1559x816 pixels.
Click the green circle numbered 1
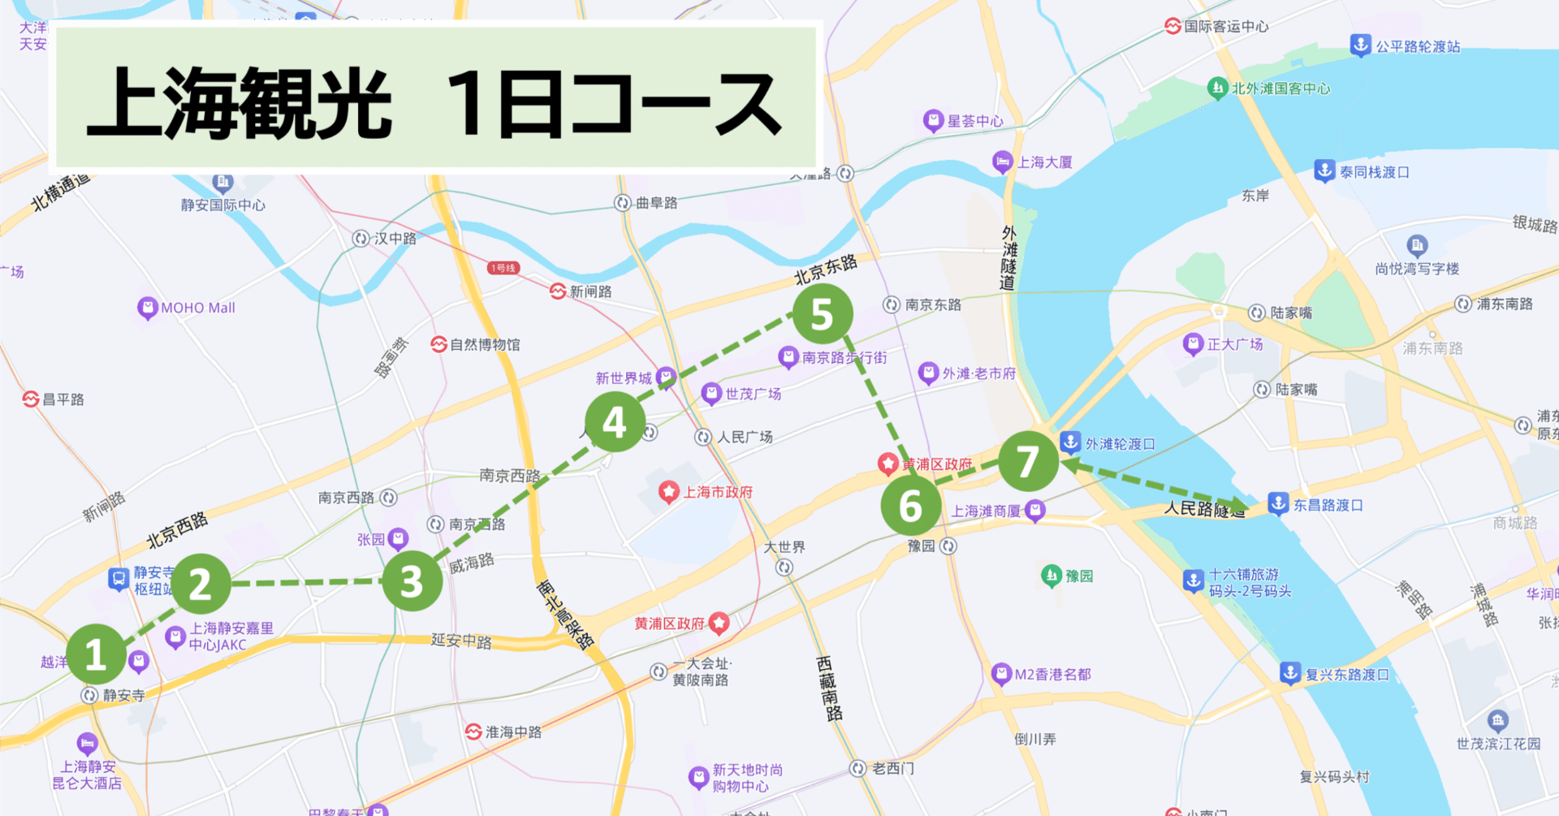click(96, 654)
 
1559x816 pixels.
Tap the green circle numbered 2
click(201, 584)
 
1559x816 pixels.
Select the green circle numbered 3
click(412, 581)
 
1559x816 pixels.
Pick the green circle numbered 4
click(615, 422)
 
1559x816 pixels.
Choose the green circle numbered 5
click(822, 313)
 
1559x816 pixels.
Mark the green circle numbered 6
click(910, 506)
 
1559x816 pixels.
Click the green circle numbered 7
click(1028, 461)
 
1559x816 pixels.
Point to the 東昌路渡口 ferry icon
click(1278, 503)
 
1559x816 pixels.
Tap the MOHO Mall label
click(197, 308)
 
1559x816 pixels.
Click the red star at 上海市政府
click(668, 491)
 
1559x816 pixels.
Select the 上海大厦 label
click(1044, 162)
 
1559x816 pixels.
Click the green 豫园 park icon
click(1052, 576)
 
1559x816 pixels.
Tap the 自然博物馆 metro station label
click(485, 344)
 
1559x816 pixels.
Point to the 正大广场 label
click(1234, 344)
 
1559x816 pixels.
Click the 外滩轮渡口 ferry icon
click(1070, 443)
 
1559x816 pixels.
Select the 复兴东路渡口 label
click(1346, 675)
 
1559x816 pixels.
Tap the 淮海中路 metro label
click(512, 732)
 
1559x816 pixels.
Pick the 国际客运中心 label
click(1225, 26)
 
